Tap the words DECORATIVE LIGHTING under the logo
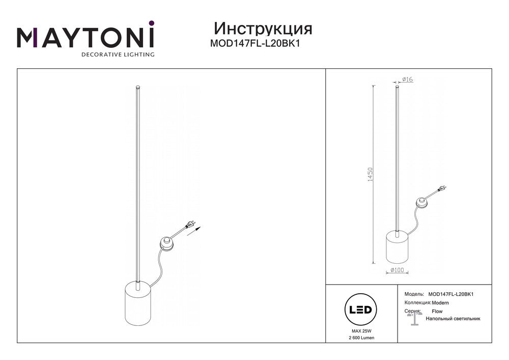pos(118,54)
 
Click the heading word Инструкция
pos(263,29)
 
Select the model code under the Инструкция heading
pos(255,43)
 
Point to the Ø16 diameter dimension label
pos(407,79)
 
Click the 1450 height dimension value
pos(371,174)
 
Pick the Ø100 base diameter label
pos(398,270)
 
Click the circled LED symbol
pos(360,310)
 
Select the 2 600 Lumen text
pos(361,338)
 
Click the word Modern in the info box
pos(440,303)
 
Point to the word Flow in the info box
pos(437,311)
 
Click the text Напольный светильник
pos(453,319)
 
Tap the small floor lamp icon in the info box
pos(414,318)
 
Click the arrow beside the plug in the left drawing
pos(194,231)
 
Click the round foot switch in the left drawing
pos(166,243)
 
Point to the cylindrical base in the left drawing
pos(137,303)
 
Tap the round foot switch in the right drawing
pos(422,204)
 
